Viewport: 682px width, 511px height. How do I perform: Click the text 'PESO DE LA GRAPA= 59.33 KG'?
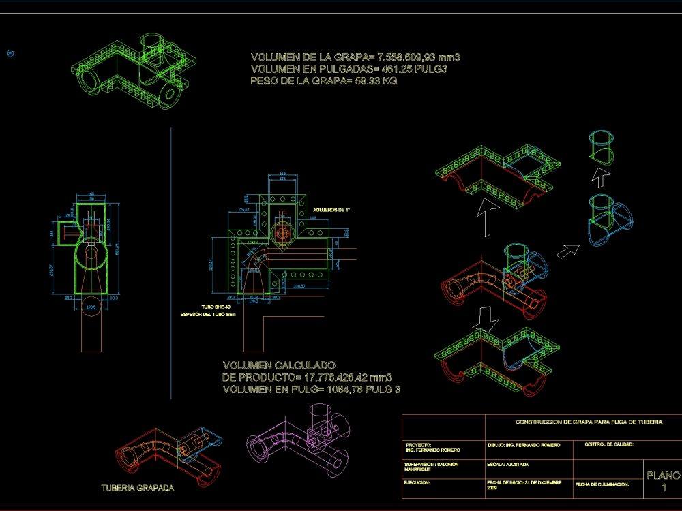[x=324, y=81]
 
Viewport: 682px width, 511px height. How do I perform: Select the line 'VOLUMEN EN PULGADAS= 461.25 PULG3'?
[x=349, y=69]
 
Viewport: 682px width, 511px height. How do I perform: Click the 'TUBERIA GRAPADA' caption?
[x=137, y=488]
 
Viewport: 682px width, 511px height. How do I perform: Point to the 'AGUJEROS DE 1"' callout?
[x=331, y=210]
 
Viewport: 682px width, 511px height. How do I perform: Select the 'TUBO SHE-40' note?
[x=216, y=307]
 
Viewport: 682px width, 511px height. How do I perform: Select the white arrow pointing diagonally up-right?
[x=566, y=251]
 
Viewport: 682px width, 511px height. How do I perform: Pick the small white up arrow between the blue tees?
[x=599, y=179]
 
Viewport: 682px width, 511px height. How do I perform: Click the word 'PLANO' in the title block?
[x=662, y=475]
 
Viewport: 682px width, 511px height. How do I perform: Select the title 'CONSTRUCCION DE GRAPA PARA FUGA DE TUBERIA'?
[x=589, y=422]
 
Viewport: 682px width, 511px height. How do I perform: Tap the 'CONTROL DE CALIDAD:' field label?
[x=609, y=444]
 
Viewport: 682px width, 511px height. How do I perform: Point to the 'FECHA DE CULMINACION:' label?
[x=601, y=484]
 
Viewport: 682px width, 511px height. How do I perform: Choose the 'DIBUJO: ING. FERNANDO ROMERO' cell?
[x=524, y=445]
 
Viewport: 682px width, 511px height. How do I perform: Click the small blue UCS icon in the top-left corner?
[x=10, y=52]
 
